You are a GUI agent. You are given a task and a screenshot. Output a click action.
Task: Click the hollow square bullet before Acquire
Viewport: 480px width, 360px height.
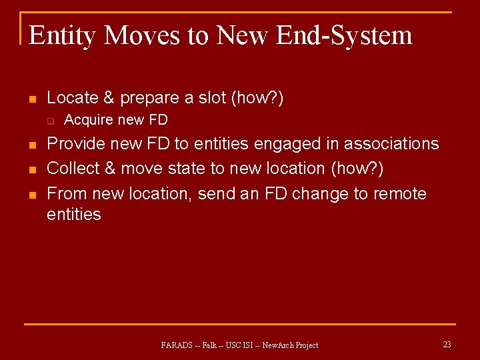pos(49,121)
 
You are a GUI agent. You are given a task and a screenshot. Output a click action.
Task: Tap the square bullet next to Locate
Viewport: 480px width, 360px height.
pos(31,99)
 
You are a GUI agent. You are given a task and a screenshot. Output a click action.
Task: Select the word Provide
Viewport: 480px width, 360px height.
pos(75,144)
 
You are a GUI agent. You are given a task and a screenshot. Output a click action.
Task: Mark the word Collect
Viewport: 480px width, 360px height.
pos(73,169)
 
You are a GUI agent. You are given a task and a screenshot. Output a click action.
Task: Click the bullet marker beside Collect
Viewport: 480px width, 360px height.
pos(31,170)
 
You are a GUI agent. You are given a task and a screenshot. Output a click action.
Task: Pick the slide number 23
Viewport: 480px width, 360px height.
pos(447,345)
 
